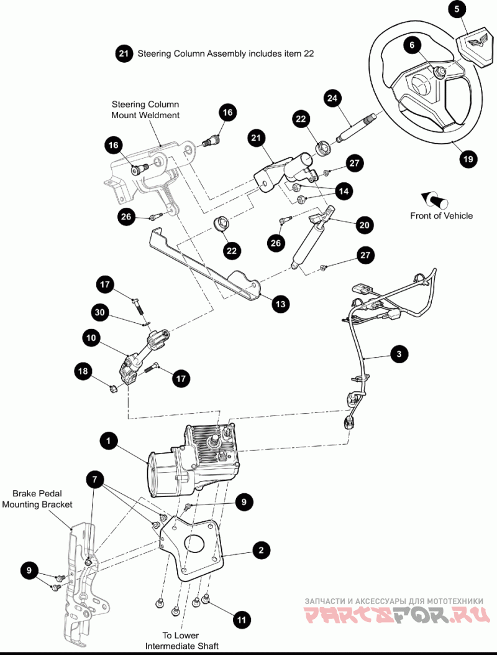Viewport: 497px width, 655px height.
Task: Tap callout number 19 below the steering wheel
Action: click(468, 159)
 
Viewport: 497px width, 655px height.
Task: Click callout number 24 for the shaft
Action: click(332, 98)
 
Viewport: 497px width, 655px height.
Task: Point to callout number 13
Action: click(281, 304)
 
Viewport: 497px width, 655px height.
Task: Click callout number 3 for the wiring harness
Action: click(399, 354)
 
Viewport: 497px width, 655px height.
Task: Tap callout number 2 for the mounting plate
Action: click(262, 549)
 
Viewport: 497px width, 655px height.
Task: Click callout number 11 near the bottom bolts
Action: click(242, 620)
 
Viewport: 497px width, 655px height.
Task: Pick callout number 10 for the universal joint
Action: click(91, 338)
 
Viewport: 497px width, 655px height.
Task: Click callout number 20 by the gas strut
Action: click(365, 225)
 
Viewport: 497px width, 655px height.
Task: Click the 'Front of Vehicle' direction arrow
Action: click(435, 200)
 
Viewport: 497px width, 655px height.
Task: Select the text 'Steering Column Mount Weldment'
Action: click(145, 109)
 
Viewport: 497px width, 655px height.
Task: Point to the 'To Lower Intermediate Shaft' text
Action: click(182, 641)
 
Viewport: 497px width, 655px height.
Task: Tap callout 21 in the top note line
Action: click(124, 54)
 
